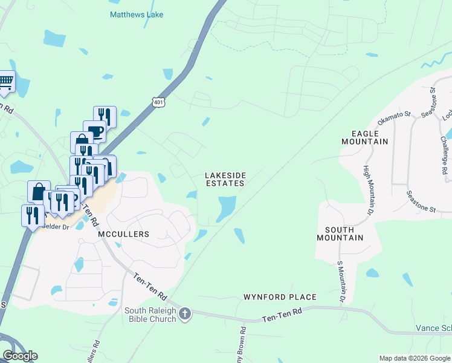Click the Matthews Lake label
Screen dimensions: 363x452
pyautogui.click(x=136, y=14)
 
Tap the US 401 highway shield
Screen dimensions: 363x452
pyautogui.click(x=158, y=102)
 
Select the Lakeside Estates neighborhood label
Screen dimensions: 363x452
pyautogui.click(x=225, y=179)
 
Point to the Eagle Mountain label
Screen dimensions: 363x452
pyautogui.click(x=364, y=137)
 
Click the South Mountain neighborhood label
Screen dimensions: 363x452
pyautogui.click(x=344, y=234)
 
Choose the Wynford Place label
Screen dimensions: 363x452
pyautogui.click(x=280, y=297)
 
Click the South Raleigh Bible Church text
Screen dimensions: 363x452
pyautogui.click(x=149, y=315)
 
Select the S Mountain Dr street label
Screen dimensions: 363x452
pyautogui.click(x=341, y=282)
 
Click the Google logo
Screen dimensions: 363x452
pyautogui.click(x=20, y=356)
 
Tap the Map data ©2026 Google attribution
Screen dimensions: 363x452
pyautogui.click(x=415, y=358)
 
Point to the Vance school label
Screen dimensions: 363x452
pyautogui.click(x=433, y=328)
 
